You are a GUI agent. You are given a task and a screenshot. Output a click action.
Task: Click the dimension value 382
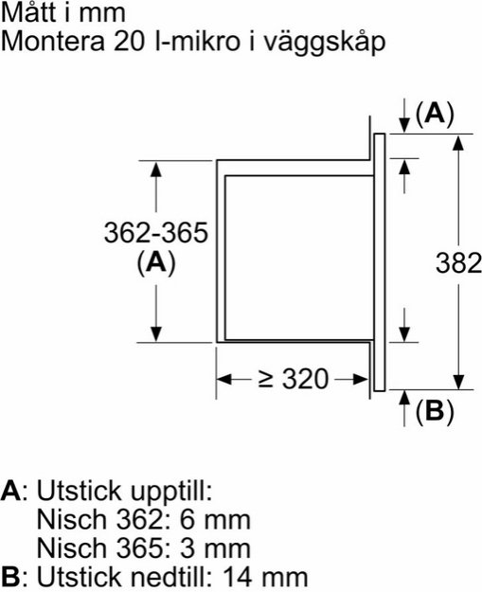(x=458, y=263)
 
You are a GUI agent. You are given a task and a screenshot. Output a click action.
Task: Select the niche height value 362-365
(x=156, y=233)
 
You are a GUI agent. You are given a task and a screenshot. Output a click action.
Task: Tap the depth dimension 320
(x=305, y=379)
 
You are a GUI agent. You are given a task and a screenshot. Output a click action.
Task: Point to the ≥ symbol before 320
(x=266, y=380)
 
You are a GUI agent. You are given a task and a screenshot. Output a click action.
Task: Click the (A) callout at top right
(x=435, y=114)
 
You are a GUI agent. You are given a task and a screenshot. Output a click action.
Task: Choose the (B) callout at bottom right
(x=435, y=411)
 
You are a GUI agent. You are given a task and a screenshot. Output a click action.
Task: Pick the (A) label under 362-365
(x=156, y=262)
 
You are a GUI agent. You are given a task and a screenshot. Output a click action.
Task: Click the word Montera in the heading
(x=52, y=41)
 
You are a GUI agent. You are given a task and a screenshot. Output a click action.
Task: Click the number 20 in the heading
(x=129, y=41)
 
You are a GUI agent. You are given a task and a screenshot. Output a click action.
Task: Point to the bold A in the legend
(x=10, y=491)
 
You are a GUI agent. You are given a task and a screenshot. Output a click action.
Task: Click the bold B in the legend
(x=10, y=577)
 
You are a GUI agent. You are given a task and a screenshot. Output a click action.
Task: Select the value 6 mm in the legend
(x=215, y=519)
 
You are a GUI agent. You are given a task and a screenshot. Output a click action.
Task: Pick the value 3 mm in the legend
(x=215, y=548)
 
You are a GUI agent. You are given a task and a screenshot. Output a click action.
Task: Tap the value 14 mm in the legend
(x=266, y=577)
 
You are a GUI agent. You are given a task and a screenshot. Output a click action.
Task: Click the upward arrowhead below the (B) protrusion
(x=404, y=398)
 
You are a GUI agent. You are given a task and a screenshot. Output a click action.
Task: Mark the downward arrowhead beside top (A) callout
(x=404, y=125)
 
